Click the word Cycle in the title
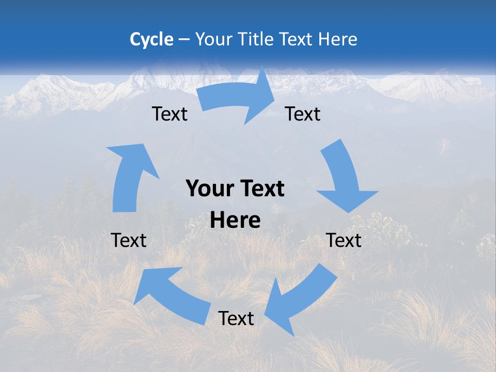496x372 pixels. coord(151,39)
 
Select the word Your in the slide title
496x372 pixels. coord(212,39)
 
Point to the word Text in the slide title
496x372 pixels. coord(298,39)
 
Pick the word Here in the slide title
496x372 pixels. coord(338,39)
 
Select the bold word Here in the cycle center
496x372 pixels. coord(235,221)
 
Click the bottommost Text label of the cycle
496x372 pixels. coord(236,318)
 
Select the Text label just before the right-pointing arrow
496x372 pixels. coord(169,114)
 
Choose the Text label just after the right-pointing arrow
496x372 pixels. coord(303,114)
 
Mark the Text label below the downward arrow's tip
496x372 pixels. coord(344,240)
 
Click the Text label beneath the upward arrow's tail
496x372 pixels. coord(129,240)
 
